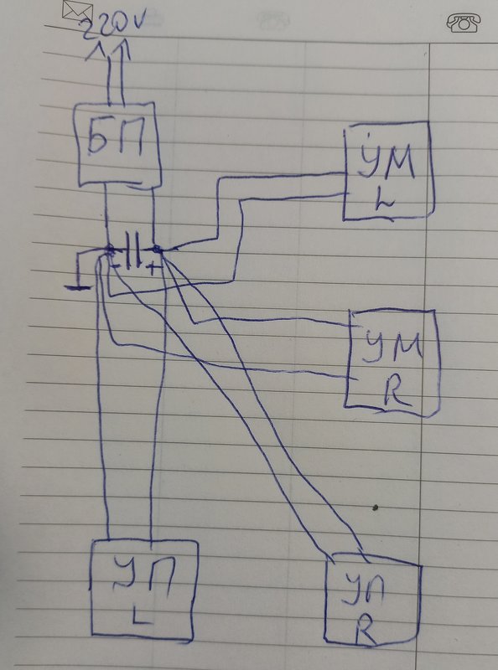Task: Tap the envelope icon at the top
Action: pos(77,11)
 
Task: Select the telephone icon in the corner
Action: pos(464,23)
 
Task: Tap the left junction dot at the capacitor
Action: pos(110,249)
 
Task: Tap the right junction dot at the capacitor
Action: pos(156,248)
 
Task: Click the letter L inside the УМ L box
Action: pos(384,201)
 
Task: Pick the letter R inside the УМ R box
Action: pos(397,391)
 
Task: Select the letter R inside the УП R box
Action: pos(366,629)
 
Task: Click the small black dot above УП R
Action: pos(376,508)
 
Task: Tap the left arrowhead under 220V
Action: pos(96,52)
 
